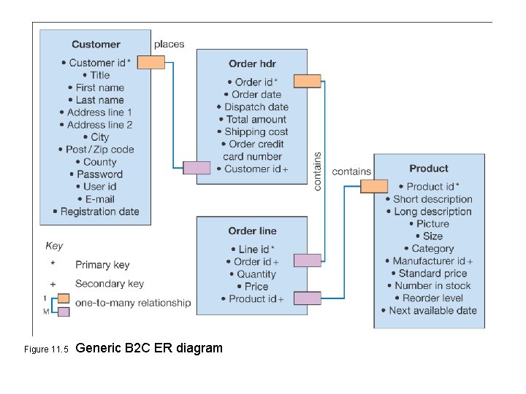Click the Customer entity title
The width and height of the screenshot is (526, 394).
(x=96, y=45)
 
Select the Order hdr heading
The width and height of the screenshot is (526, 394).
(x=252, y=64)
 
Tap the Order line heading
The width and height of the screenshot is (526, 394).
(x=252, y=231)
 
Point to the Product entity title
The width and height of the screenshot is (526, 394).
(x=429, y=169)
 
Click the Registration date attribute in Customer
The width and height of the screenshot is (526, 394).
(x=96, y=212)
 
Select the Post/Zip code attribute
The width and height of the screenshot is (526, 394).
(x=96, y=150)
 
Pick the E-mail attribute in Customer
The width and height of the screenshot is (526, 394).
(x=96, y=199)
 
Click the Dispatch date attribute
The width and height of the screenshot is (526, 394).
(x=253, y=107)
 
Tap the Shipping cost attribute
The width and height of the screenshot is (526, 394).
(x=252, y=132)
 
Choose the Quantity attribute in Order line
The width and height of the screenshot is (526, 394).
(x=252, y=274)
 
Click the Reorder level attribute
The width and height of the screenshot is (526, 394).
(x=429, y=298)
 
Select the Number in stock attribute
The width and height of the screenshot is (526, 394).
(x=429, y=286)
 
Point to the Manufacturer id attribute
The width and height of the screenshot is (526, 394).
(x=429, y=261)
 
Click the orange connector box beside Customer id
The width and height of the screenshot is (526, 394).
(x=151, y=63)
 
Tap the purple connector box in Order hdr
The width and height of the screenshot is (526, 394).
(x=196, y=168)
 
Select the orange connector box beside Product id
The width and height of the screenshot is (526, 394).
(x=374, y=186)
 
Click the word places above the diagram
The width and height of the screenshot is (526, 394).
(x=169, y=44)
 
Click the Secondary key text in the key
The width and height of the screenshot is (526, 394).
(x=110, y=284)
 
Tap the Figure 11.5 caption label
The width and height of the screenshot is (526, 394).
(x=45, y=349)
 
